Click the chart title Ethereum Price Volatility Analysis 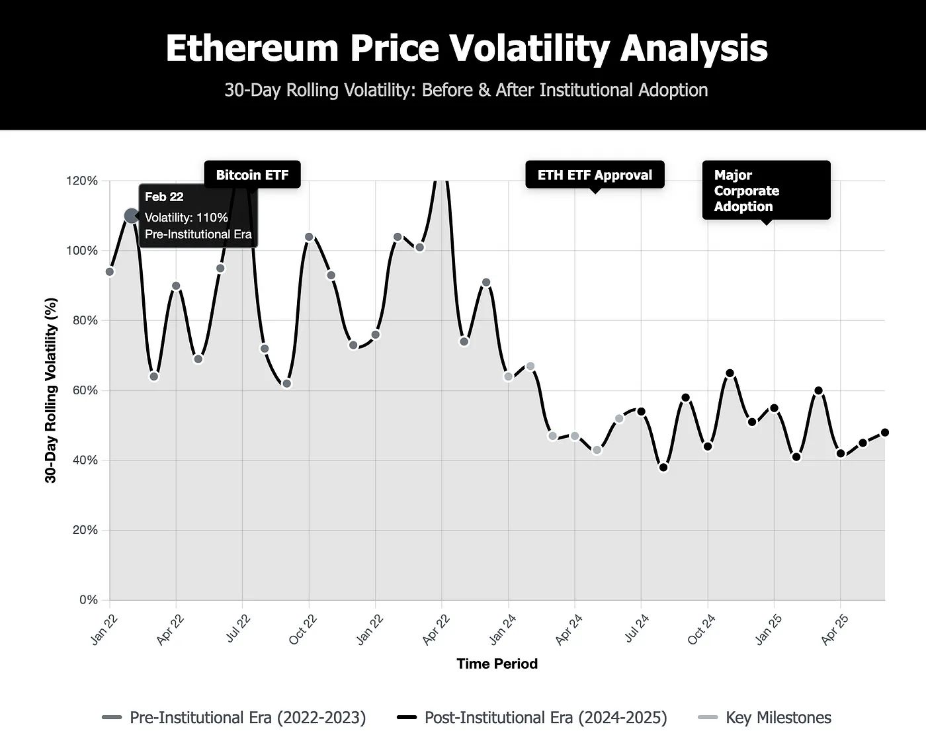coord(466,48)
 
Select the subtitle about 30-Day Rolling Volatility coord(466,90)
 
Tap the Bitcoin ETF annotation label coord(252,175)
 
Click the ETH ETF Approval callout coord(595,175)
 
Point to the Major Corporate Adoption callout coord(765,191)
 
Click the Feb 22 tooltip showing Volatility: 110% coord(198,216)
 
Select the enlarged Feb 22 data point coord(132,216)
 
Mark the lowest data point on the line coord(663,468)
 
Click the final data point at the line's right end coord(885,433)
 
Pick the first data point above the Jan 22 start coord(110,272)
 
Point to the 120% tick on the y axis coord(82,181)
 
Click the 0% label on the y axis coord(88,600)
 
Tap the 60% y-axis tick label coord(85,390)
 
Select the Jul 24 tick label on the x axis coord(637,629)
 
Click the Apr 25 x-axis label coord(836,629)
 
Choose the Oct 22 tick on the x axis coord(304,629)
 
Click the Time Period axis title coord(497,664)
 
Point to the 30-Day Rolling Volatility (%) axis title coord(51,390)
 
